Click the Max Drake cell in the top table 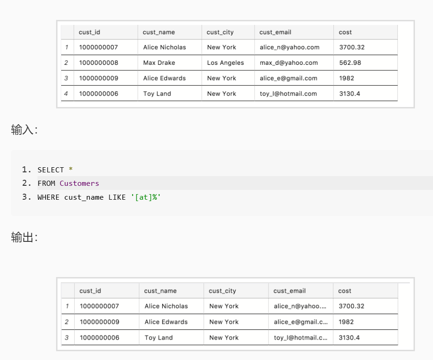pos(159,63)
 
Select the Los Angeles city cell pos(225,63)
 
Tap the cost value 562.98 pos(350,63)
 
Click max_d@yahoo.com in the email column pos(288,63)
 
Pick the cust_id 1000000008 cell pos(99,63)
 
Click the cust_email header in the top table pos(275,32)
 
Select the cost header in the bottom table pos(344,291)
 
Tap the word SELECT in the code pos(51,170)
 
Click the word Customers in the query pos(79,183)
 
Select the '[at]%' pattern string pos(146,197)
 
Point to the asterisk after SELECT pos(70,169)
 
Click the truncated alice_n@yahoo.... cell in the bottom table pos(300,306)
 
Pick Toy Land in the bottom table pos(159,338)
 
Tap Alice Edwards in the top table pos(164,78)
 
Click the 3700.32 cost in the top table pos(352,47)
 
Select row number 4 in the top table pos(66,94)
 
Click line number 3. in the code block pos(26,197)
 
